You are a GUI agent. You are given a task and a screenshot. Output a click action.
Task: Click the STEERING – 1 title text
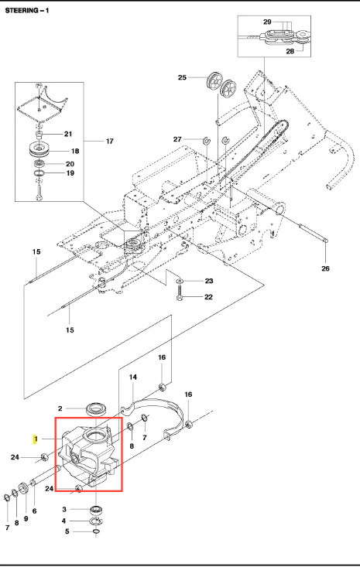coord(27,11)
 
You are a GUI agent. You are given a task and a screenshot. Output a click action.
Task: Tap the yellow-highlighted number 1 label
coord(35,439)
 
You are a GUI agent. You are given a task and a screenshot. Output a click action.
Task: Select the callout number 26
coord(325,268)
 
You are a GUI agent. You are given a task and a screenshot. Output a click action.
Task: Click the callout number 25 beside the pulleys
coord(182,77)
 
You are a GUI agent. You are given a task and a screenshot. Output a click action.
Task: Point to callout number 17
coord(110,141)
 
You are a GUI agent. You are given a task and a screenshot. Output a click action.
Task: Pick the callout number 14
coord(133,377)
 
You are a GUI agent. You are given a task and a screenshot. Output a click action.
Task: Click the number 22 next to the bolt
coord(208,297)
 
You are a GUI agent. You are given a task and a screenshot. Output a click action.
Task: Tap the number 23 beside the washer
coord(209,281)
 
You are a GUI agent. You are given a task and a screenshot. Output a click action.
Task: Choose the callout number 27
coord(177,139)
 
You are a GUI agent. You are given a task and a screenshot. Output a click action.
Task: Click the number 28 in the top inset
coord(290,51)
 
